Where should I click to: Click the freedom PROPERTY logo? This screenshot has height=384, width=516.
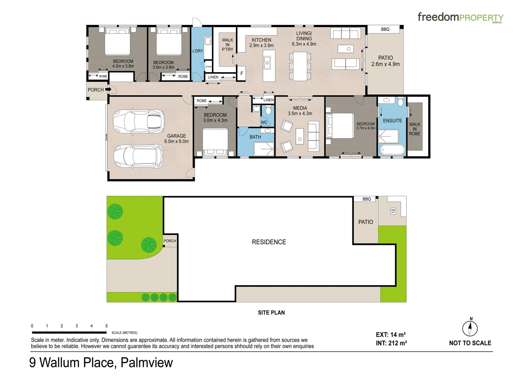[460, 17]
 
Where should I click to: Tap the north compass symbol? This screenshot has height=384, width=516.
[470, 328]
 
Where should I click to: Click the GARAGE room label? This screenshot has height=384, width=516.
[176, 139]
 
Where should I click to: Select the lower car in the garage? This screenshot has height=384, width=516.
[139, 156]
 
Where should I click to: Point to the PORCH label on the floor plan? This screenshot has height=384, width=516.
[95, 90]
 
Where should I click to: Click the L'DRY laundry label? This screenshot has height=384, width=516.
[198, 51]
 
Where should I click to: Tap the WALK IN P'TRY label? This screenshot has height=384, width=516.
[227, 45]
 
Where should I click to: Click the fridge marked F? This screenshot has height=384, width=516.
[242, 74]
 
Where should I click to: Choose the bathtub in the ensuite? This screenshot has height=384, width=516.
[392, 150]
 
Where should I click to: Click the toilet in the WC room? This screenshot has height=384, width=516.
[268, 110]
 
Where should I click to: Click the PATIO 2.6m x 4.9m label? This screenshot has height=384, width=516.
[385, 61]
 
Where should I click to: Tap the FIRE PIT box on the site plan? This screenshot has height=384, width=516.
[393, 211]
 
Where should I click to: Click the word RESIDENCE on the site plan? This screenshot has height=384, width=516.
[269, 242]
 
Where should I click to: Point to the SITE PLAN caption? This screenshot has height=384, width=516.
[271, 313]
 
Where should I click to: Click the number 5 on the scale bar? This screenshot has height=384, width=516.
[106, 326]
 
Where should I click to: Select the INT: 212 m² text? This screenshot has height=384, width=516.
[391, 343]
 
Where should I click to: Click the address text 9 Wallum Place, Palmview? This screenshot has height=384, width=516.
[101, 363]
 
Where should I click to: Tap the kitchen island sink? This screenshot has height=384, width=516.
[267, 63]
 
